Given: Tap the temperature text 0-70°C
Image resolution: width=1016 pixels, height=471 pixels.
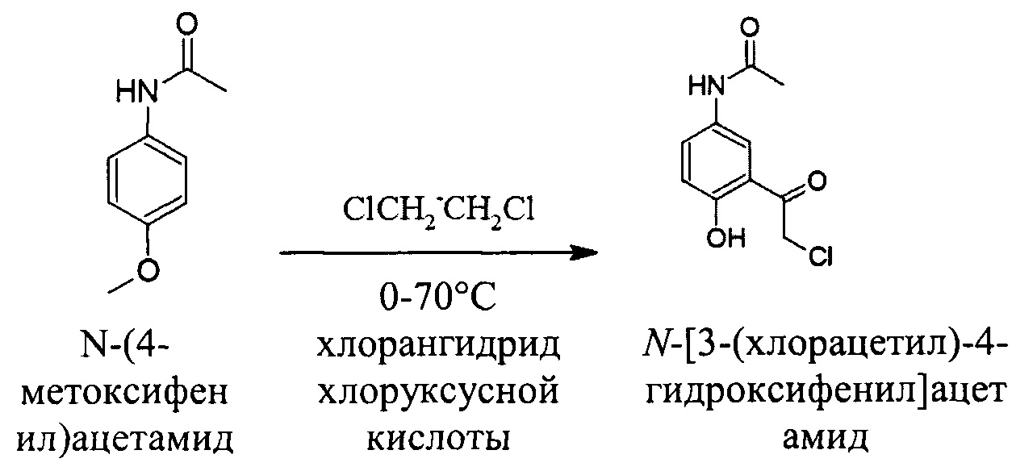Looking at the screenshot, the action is point(439,306).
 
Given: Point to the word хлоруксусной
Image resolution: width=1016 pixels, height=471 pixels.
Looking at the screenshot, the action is point(439,394).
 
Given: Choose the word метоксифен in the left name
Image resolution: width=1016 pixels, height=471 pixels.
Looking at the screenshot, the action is point(126,395).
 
